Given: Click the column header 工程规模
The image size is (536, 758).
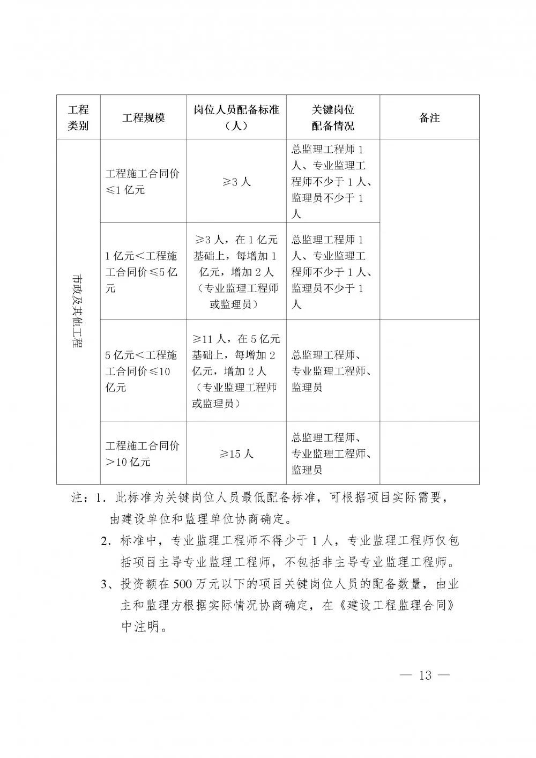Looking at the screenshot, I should point(143,117).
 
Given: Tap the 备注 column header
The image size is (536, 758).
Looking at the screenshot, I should point(429,117).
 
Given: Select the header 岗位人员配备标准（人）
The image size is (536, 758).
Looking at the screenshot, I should point(236,117).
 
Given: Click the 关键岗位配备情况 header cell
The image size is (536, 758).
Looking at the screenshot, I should point(333,117).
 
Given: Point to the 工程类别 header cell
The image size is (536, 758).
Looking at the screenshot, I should point(78,117).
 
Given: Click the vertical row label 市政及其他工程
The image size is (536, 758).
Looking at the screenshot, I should point(78,311).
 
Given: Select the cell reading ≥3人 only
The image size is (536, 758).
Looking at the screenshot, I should point(236,182).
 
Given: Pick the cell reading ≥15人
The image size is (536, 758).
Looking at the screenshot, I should point(236,454).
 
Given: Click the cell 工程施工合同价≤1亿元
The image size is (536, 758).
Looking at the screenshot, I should point(143,182).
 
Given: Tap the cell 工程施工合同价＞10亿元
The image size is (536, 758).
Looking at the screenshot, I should point(143,454).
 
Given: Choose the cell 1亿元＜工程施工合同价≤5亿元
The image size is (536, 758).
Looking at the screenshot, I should point(143,272).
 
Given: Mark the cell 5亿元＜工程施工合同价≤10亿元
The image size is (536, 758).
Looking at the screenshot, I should point(143,371).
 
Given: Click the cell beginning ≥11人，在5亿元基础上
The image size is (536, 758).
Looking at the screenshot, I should point(236,371).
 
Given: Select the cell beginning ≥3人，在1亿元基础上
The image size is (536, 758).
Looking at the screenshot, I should point(236,272).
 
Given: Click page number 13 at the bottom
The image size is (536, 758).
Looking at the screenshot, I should point(425,675).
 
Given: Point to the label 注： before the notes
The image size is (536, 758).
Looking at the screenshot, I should point(81,497).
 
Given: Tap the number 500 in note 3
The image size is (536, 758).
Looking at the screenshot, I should point(183,584).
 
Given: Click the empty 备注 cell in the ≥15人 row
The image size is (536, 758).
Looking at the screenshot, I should point(429,454).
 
